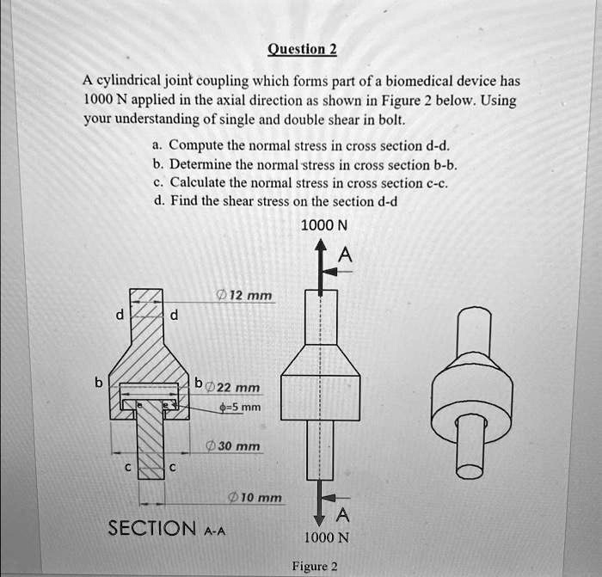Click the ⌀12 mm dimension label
click(x=245, y=296)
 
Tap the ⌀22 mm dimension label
click(x=234, y=388)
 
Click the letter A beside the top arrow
click(x=345, y=254)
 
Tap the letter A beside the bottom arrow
click(x=343, y=515)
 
